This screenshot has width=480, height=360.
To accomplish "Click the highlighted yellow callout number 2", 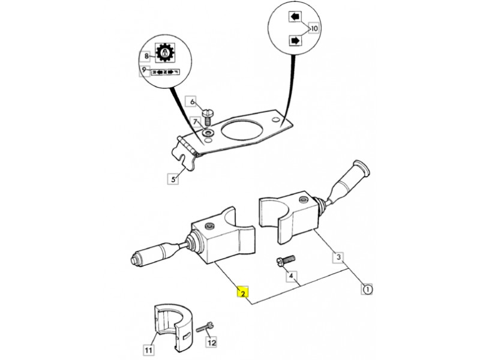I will pos(242,293).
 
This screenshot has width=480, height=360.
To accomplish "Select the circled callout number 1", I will pos(367,289).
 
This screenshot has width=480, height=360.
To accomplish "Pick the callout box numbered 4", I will pos(292,277).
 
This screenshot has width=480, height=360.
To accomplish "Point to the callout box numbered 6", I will pos(193,102).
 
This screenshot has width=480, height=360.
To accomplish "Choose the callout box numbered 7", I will pos(196,122).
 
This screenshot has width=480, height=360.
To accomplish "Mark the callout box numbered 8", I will pos(146,56).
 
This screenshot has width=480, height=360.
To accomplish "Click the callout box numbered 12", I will pos(211,343).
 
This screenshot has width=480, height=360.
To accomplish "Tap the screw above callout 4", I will pos(286,261).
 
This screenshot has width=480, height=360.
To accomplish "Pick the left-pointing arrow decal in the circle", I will pos(295,17).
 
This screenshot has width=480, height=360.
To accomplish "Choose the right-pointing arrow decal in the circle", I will pos(295,40).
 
